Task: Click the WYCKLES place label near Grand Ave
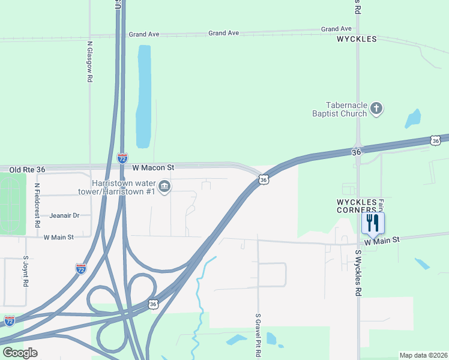click(357, 39)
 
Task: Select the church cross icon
click(376, 109)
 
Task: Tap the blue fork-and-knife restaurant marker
click(373, 223)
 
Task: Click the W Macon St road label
click(153, 167)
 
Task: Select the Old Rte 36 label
click(28, 170)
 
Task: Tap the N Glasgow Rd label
click(90, 62)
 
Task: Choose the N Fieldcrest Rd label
click(37, 205)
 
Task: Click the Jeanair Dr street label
click(64, 215)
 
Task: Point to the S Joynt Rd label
click(26, 273)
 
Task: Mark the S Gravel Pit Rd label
click(258, 335)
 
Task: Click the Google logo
click(20, 353)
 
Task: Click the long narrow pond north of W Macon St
click(143, 96)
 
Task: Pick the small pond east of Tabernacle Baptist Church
click(413, 119)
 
